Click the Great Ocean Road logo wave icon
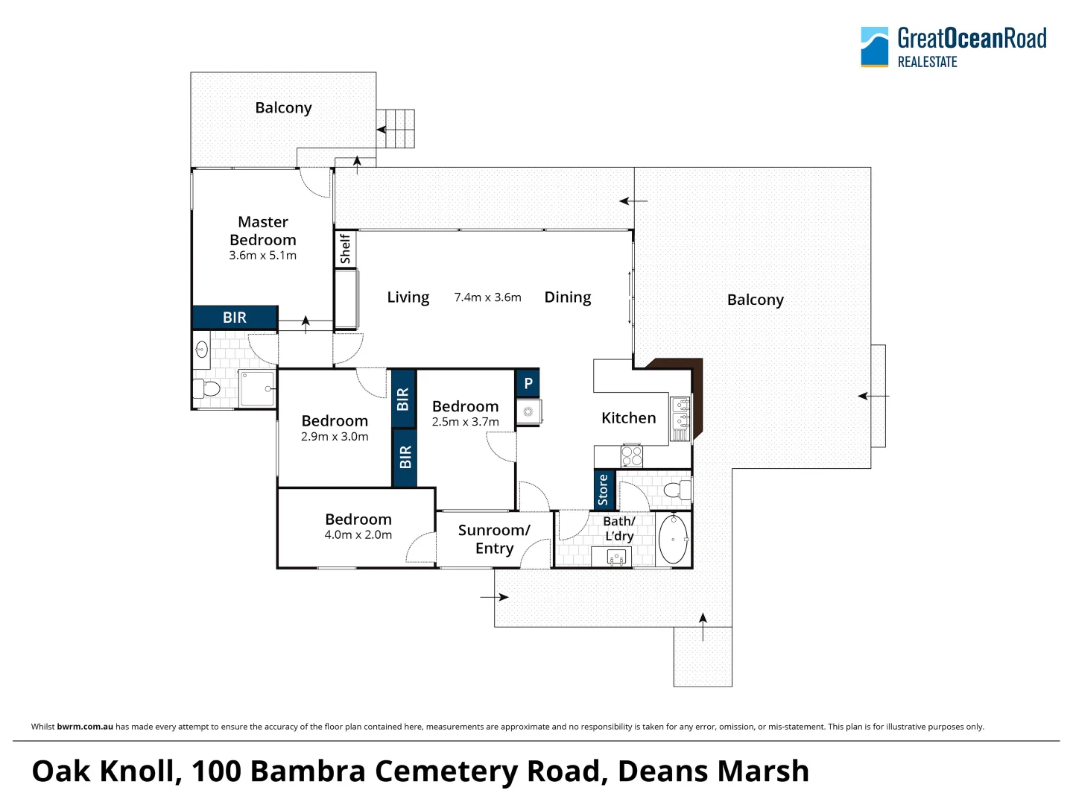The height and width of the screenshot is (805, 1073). [x=874, y=47]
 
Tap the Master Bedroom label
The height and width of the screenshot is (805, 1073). [x=263, y=231]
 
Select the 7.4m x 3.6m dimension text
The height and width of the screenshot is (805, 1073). [x=488, y=297]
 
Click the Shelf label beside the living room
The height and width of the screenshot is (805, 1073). [x=345, y=249]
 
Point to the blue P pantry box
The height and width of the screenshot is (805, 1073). [x=528, y=383]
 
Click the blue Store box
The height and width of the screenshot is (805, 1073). [x=604, y=490]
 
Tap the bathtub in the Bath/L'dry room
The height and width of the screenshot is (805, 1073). [x=674, y=539]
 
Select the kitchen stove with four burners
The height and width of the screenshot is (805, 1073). [x=632, y=455]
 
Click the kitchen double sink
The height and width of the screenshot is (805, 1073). [x=680, y=418]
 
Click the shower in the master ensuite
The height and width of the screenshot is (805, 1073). [x=257, y=388]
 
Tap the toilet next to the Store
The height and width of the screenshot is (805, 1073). [x=677, y=490]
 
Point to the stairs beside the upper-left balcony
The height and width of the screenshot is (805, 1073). [x=395, y=129]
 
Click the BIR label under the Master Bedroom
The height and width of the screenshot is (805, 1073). [x=235, y=318]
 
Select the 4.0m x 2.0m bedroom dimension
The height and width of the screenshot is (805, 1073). [x=358, y=534]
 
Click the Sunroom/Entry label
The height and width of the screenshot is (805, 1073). [x=494, y=539]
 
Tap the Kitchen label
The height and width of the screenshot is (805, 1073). [x=629, y=418]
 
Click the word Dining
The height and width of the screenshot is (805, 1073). [x=568, y=297]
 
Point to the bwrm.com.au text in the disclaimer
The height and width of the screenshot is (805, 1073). [x=85, y=727]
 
